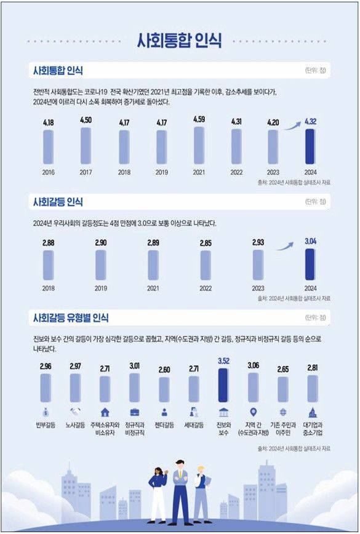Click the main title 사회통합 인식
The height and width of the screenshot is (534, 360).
(180, 41)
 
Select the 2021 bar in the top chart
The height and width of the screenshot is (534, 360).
(199, 145)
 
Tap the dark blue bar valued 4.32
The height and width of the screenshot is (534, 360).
(310, 146)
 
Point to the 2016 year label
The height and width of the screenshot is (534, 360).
(49, 172)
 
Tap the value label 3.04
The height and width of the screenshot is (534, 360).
(310, 241)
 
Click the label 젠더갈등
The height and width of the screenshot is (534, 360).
(164, 425)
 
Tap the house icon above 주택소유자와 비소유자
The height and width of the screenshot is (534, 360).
(105, 412)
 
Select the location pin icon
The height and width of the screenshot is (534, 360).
(253, 412)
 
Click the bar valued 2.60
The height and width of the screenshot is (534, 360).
(164, 389)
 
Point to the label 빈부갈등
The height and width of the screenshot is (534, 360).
(46, 425)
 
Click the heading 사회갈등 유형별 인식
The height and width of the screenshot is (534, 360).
(71, 318)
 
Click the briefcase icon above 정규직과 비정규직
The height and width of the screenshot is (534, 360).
(134, 412)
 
